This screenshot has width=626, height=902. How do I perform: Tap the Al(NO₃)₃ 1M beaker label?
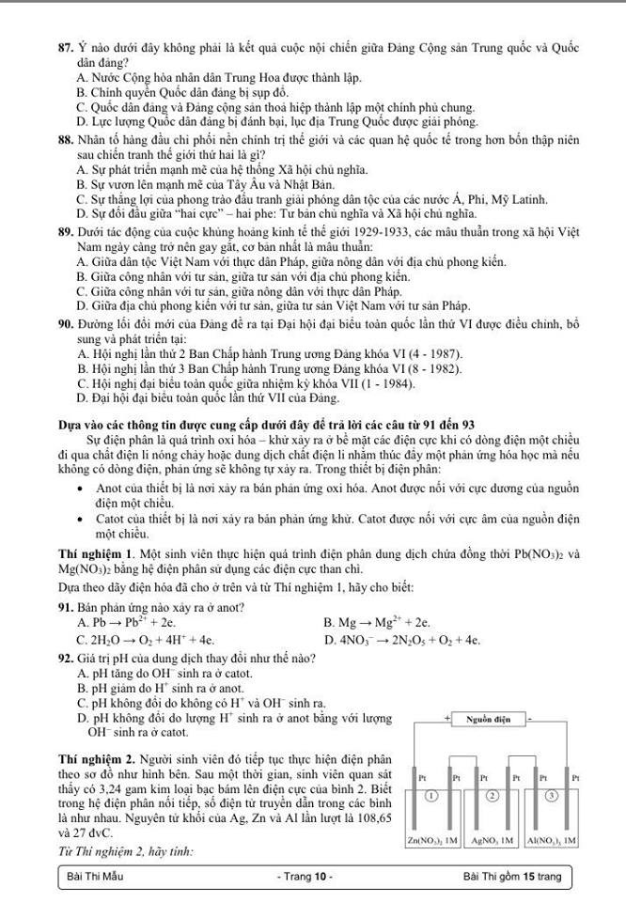pos(553,841)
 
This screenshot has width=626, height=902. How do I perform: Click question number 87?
pos(65,47)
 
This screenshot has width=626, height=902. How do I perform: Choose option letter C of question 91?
pos(83,640)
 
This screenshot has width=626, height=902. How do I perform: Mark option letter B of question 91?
pos(327,622)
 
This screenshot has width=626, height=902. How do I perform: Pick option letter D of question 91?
pos(327,640)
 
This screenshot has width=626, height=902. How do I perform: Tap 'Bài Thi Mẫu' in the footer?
pos(95,877)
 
